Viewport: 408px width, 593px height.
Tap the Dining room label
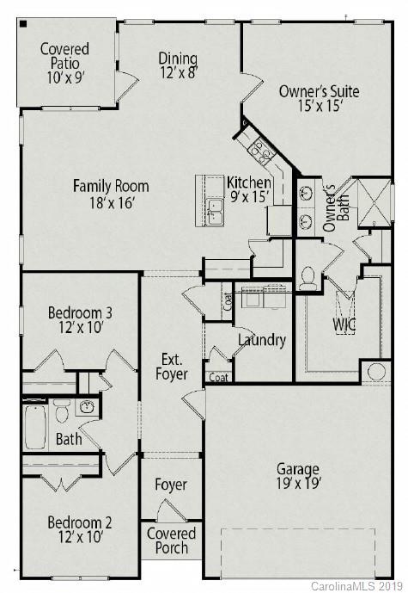(179, 66)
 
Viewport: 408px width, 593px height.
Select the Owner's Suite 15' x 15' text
(319, 99)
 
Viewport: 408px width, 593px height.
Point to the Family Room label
(111, 194)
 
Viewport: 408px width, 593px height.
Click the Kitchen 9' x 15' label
(249, 189)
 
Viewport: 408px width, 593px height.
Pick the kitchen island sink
(214, 207)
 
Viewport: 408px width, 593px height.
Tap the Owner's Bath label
(330, 207)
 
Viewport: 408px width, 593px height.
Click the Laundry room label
(262, 340)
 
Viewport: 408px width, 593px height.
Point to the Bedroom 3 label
(80, 319)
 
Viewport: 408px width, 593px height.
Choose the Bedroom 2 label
(79, 529)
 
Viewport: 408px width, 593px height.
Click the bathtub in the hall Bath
(35, 426)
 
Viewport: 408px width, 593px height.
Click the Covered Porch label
(171, 541)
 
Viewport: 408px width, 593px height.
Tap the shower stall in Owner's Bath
(375, 202)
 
